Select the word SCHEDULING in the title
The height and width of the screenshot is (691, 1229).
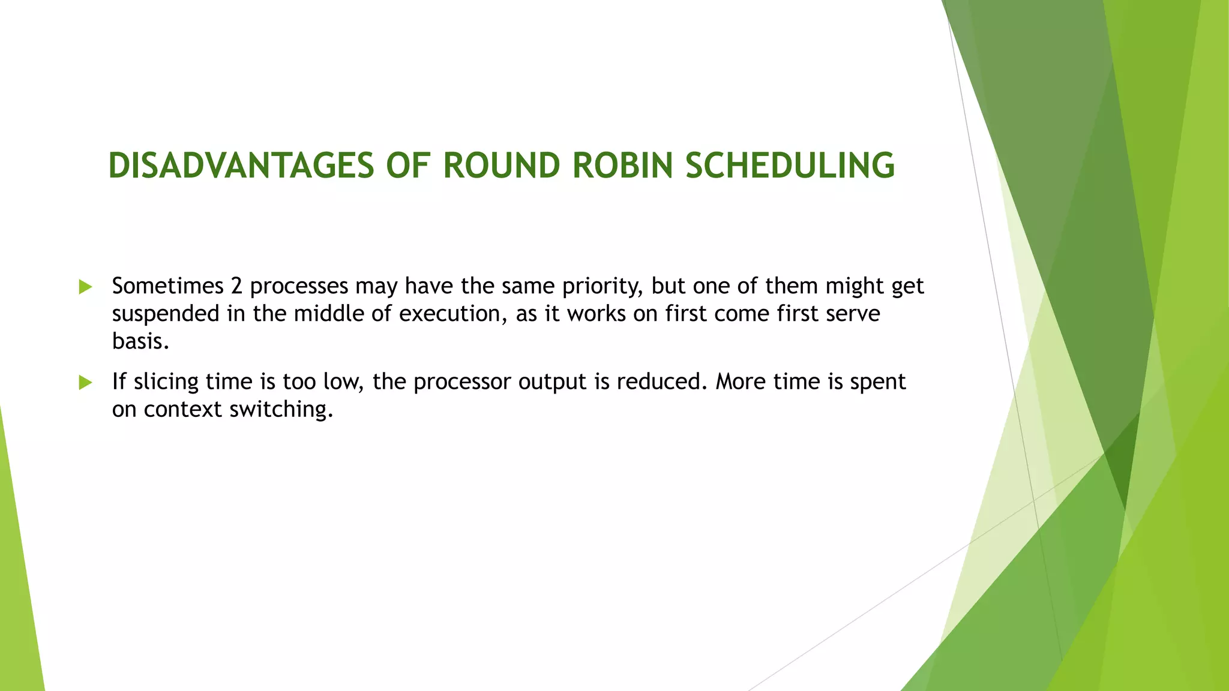tap(790, 166)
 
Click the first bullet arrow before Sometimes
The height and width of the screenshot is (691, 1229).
tap(86, 287)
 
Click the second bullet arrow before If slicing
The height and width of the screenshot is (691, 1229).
tap(86, 382)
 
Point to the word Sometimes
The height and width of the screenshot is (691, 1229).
tap(167, 286)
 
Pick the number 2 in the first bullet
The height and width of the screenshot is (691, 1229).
tap(236, 286)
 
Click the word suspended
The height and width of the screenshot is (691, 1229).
tap(166, 314)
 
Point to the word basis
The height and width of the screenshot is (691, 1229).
tap(140, 341)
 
